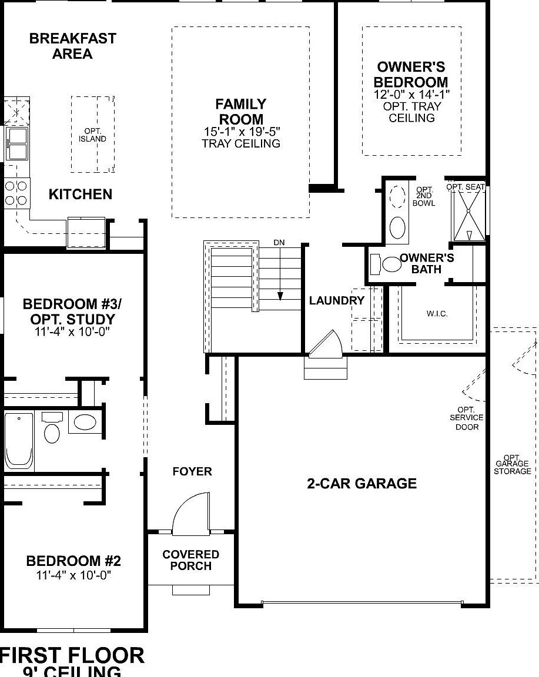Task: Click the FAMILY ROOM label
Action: [x=240, y=112]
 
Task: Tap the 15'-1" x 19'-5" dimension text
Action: [x=240, y=132]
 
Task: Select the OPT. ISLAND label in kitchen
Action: [x=93, y=135]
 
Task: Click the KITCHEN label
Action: [x=81, y=195]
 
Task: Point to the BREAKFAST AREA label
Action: [x=72, y=46]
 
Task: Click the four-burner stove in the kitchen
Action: [x=16, y=193]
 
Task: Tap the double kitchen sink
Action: [x=16, y=144]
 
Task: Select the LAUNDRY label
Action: [x=337, y=300]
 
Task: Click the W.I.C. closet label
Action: [x=437, y=314]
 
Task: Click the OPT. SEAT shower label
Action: [x=466, y=187]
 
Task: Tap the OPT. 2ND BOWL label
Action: [x=425, y=196]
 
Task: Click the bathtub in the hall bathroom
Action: [x=19, y=441]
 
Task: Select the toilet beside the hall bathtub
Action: [x=52, y=428]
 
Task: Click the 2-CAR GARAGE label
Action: [x=361, y=484]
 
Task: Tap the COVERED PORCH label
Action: [x=191, y=560]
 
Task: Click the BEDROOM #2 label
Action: [x=73, y=561]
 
